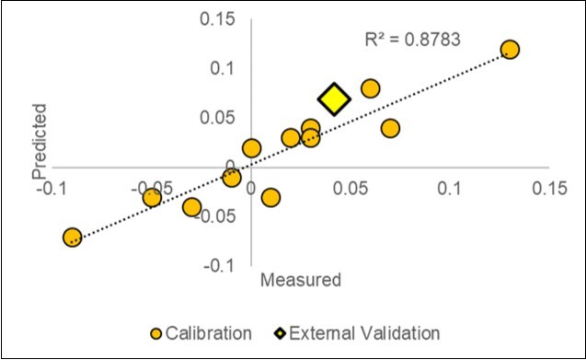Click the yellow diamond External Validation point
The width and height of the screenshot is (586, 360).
[334, 99]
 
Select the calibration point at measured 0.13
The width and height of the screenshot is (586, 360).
[510, 50]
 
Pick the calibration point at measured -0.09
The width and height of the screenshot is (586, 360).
[73, 238]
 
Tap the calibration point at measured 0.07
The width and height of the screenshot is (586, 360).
[390, 128]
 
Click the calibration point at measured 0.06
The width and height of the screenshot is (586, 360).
[370, 88]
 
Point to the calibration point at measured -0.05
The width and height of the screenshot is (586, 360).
[152, 197]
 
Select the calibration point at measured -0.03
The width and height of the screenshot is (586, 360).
[191, 207]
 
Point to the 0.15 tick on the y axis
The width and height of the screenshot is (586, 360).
[224, 19]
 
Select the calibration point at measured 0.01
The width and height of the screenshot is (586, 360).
[270, 197]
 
